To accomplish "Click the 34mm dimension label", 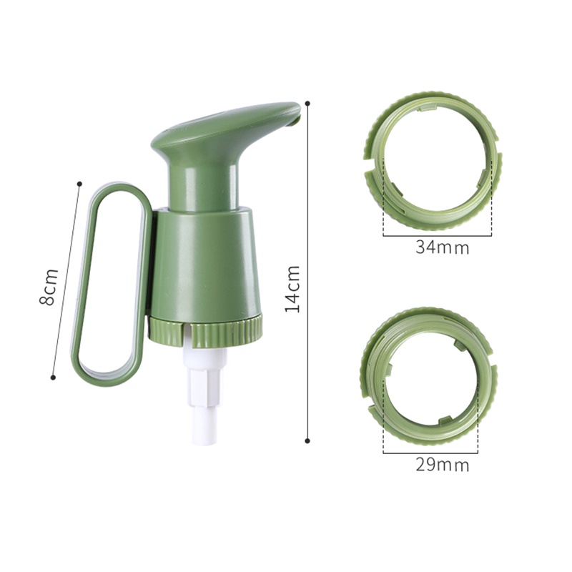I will [x=442, y=248].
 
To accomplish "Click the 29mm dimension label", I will [x=442, y=465].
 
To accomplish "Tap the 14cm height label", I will [x=292, y=288].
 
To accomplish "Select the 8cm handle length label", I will [x=47, y=287].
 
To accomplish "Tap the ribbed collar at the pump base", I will [x=207, y=330].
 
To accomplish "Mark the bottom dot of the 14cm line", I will [x=307, y=441].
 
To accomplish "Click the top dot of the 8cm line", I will [x=78, y=184].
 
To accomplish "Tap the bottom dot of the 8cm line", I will [x=53, y=377].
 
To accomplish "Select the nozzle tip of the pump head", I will [x=295, y=122].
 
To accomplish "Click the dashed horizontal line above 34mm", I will [x=437, y=235].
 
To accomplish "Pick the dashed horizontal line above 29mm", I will [x=430, y=453].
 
